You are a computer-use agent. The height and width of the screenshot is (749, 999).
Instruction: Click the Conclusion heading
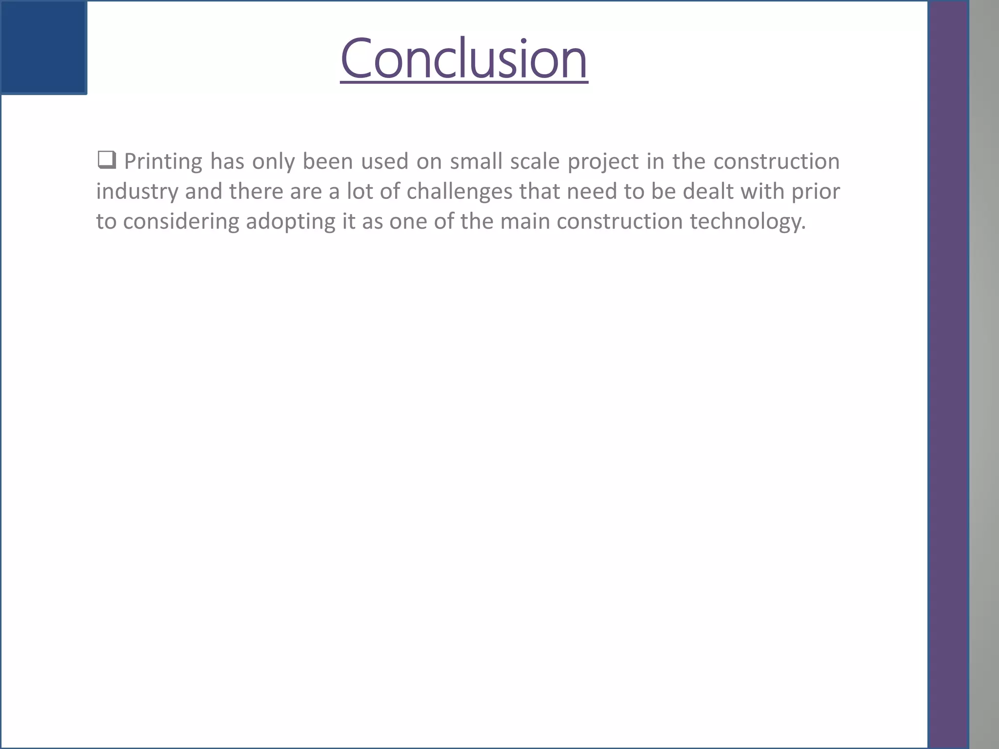click(464, 59)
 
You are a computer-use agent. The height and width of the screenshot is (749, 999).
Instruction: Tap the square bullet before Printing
click(106, 160)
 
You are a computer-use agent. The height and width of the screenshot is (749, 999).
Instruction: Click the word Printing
click(163, 162)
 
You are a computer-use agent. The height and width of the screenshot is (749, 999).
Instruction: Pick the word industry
click(137, 192)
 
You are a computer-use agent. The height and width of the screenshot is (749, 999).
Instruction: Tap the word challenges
click(459, 192)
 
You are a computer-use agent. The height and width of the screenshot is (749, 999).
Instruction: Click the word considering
click(181, 222)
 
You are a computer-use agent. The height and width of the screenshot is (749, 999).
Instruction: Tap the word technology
click(747, 222)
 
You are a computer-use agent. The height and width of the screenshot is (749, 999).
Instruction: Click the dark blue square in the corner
click(43, 47)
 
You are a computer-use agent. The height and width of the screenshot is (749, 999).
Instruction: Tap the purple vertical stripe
click(948, 374)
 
